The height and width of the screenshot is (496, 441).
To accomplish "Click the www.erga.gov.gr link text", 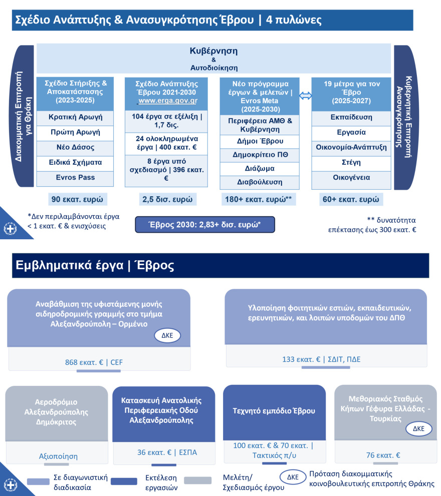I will (x=167, y=101).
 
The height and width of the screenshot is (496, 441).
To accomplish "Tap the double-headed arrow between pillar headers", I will (x=305, y=95).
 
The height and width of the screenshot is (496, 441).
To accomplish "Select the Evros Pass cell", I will (x=75, y=177).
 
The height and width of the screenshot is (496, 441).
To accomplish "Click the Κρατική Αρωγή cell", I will (x=75, y=117).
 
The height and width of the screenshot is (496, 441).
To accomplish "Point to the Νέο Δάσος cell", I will (x=75, y=147).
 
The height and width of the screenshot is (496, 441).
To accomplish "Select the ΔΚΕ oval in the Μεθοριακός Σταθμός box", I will (x=418, y=429).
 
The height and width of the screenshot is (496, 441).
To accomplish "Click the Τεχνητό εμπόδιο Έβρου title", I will (x=274, y=411).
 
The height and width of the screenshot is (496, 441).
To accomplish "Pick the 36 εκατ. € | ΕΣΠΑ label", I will (x=167, y=453).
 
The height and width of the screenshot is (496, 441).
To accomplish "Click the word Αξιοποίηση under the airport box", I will (x=58, y=456).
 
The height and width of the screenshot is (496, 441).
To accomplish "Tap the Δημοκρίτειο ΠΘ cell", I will (x=259, y=155).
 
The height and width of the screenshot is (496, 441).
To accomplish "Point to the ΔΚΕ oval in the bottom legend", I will (x=293, y=477).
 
